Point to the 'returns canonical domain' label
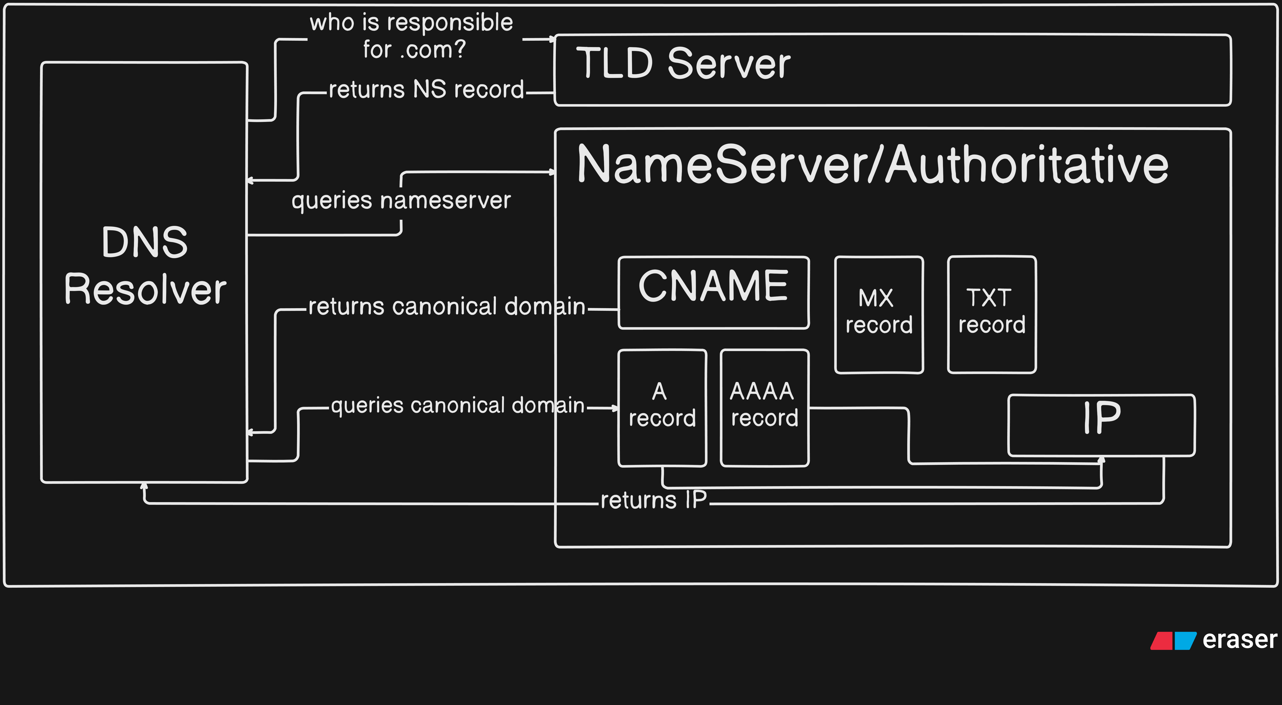click(447, 306)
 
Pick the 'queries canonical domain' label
click(458, 406)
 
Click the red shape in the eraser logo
click(1162, 641)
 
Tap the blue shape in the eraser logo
click(1185, 641)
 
